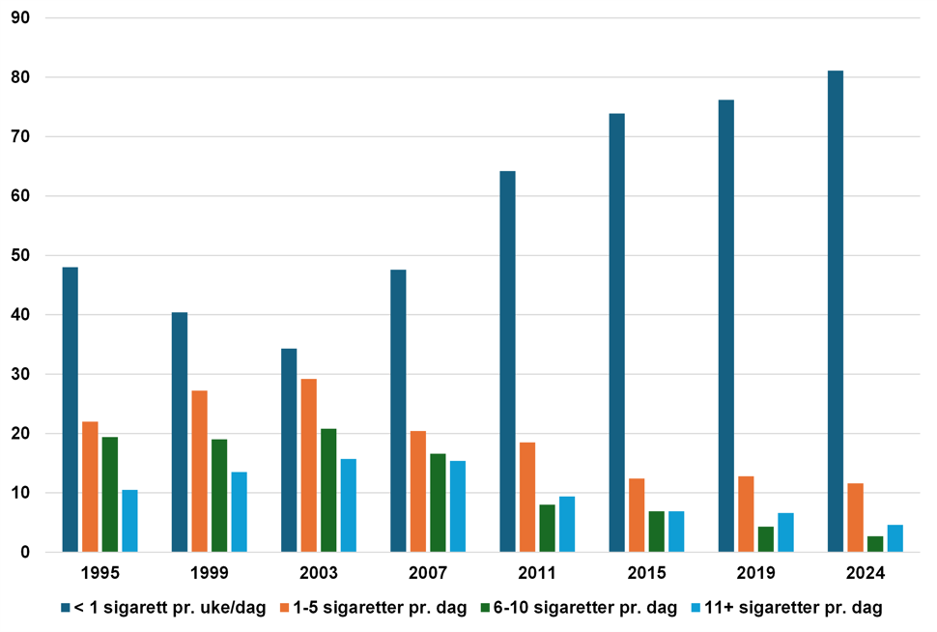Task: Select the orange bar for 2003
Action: pos(308,465)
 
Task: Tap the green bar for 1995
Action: pos(110,494)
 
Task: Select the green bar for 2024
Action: pos(875,544)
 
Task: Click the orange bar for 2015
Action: pos(637,515)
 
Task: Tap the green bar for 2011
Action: pos(548,528)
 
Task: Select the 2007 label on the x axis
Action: pos(428,573)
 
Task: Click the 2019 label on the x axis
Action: pos(756,573)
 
